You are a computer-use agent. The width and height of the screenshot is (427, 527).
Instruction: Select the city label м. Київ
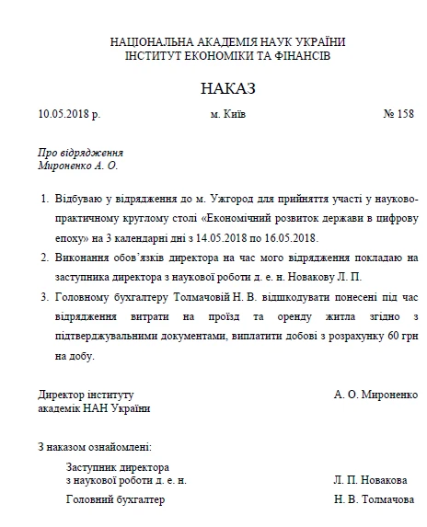(227, 115)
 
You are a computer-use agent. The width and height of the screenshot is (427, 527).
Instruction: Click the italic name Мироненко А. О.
(78, 166)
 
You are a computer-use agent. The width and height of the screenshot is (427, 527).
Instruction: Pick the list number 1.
(46, 198)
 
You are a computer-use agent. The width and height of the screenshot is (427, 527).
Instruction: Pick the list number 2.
(46, 258)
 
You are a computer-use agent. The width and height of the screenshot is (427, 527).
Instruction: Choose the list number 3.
(46, 297)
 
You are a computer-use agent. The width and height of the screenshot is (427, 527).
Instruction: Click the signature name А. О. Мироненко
(375, 394)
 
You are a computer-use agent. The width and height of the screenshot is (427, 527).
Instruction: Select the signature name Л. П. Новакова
(371, 480)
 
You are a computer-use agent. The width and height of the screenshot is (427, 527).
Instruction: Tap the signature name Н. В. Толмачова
(374, 499)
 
